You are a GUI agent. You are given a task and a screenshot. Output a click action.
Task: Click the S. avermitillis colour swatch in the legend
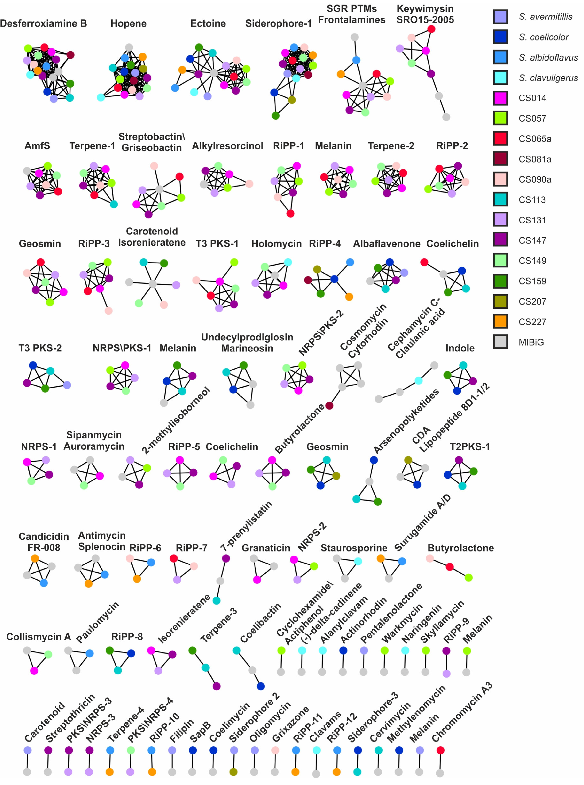coord(500,17)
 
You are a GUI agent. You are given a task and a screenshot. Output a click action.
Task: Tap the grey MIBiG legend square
coord(500,342)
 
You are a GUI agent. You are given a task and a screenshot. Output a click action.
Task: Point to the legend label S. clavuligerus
coord(548,78)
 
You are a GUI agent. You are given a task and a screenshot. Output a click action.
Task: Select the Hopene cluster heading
coord(128,24)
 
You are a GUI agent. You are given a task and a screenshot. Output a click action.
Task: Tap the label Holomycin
coord(276,244)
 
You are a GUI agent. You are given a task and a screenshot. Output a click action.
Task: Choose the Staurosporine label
coord(354,548)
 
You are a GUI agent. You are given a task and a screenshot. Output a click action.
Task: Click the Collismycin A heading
coord(39,637)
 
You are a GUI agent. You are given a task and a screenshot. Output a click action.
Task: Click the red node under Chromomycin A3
coord(440,750)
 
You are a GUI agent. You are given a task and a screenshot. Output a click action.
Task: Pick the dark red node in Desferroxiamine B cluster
coord(70,55)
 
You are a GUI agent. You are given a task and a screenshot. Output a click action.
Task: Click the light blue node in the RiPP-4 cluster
coord(350,262)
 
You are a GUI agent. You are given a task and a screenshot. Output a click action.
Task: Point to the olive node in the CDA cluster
coord(408,460)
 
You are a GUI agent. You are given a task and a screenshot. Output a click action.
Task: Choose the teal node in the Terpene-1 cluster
coord(114,204)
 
